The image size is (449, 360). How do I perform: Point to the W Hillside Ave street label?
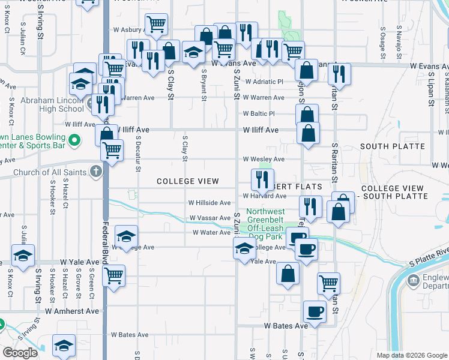click(209, 203)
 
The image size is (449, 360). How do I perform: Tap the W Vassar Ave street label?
click(209, 218)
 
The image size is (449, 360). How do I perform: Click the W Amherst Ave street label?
click(72, 311)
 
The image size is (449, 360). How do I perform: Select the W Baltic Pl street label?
click(259, 113)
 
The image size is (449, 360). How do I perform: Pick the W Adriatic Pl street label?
click(263, 82)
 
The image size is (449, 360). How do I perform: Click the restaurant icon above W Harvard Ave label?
click(262, 178)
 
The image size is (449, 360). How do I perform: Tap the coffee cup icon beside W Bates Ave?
click(315, 311)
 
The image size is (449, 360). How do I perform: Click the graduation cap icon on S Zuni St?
click(244, 248)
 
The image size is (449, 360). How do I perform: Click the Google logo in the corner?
click(20, 353)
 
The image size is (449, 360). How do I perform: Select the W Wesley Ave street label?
click(263, 159)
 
